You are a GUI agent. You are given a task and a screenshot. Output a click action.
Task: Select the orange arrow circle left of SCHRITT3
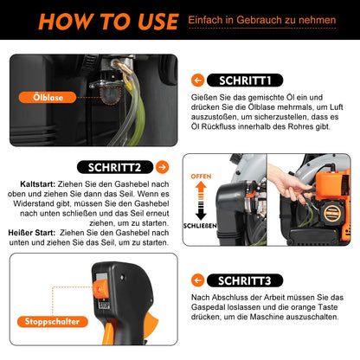tap(199, 280)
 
